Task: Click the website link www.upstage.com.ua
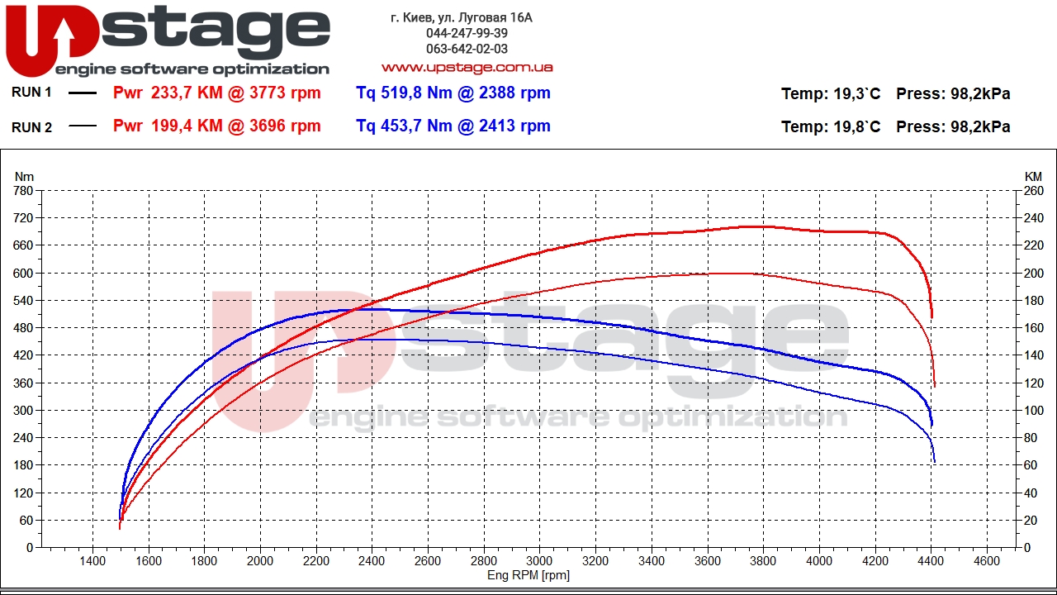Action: [x=467, y=67]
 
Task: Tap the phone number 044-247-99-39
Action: [x=467, y=33]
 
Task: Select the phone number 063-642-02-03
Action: [x=467, y=49]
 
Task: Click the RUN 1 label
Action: [x=31, y=93]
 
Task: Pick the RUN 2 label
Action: [x=31, y=126]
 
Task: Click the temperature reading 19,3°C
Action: [x=856, y=94]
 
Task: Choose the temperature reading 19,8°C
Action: [x=856, y=127]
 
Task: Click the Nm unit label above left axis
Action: [x=24, y=176]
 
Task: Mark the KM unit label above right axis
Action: [x=1033, y=176]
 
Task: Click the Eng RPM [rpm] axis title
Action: [x=528, y=575]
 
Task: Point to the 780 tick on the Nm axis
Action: [x=24, y=191]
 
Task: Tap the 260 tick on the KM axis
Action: [x=1033, y=191]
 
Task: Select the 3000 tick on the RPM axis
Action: [x=540, y=560]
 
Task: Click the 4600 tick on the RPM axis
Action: [x=987, y=560]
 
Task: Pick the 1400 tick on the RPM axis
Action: [x=92, y=560]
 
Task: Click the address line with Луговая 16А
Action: [x=462, y=17]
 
